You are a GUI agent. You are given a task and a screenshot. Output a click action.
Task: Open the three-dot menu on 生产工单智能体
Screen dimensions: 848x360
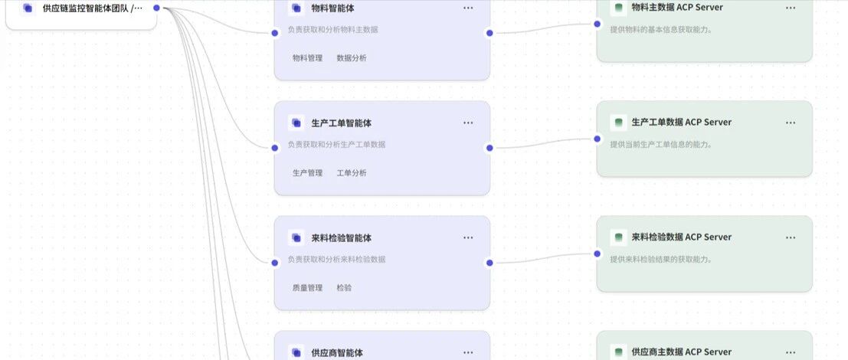(468, 123)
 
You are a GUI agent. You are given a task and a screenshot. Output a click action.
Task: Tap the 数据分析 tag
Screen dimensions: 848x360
(352, 58)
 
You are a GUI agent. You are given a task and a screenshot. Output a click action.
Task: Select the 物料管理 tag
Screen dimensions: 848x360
(307, 58)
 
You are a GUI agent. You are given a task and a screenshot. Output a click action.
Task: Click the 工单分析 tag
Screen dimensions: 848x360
(352, 173)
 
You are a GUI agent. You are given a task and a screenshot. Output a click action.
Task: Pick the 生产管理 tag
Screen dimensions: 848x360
(307, 173)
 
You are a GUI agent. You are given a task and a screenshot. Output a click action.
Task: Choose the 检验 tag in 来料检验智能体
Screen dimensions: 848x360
(344, 288)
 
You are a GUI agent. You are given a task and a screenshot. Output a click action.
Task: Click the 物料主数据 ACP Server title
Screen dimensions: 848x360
(677, 8)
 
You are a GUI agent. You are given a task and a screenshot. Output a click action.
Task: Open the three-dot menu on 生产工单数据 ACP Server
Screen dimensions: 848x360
(791, 123)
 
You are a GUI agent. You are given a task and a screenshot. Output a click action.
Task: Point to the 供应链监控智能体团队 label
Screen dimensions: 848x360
(92, 8)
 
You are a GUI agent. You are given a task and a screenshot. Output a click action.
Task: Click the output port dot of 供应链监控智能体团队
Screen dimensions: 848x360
(157, 8)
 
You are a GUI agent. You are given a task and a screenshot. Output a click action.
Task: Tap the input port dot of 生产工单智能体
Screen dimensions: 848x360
(275, 148)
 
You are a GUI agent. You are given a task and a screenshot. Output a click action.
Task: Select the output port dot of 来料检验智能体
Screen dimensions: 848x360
(489, 263)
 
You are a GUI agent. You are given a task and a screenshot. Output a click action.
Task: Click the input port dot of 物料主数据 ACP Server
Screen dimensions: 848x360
(598, 24)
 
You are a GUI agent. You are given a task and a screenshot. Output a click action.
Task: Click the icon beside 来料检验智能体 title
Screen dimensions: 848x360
(296, 237)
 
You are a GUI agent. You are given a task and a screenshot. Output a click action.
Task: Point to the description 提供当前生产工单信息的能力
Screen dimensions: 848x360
(661, 144)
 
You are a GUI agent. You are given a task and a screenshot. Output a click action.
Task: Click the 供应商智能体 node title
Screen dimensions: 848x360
(337, 353)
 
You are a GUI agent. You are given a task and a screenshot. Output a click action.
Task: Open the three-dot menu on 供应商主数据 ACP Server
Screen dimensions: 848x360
(791, 352)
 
